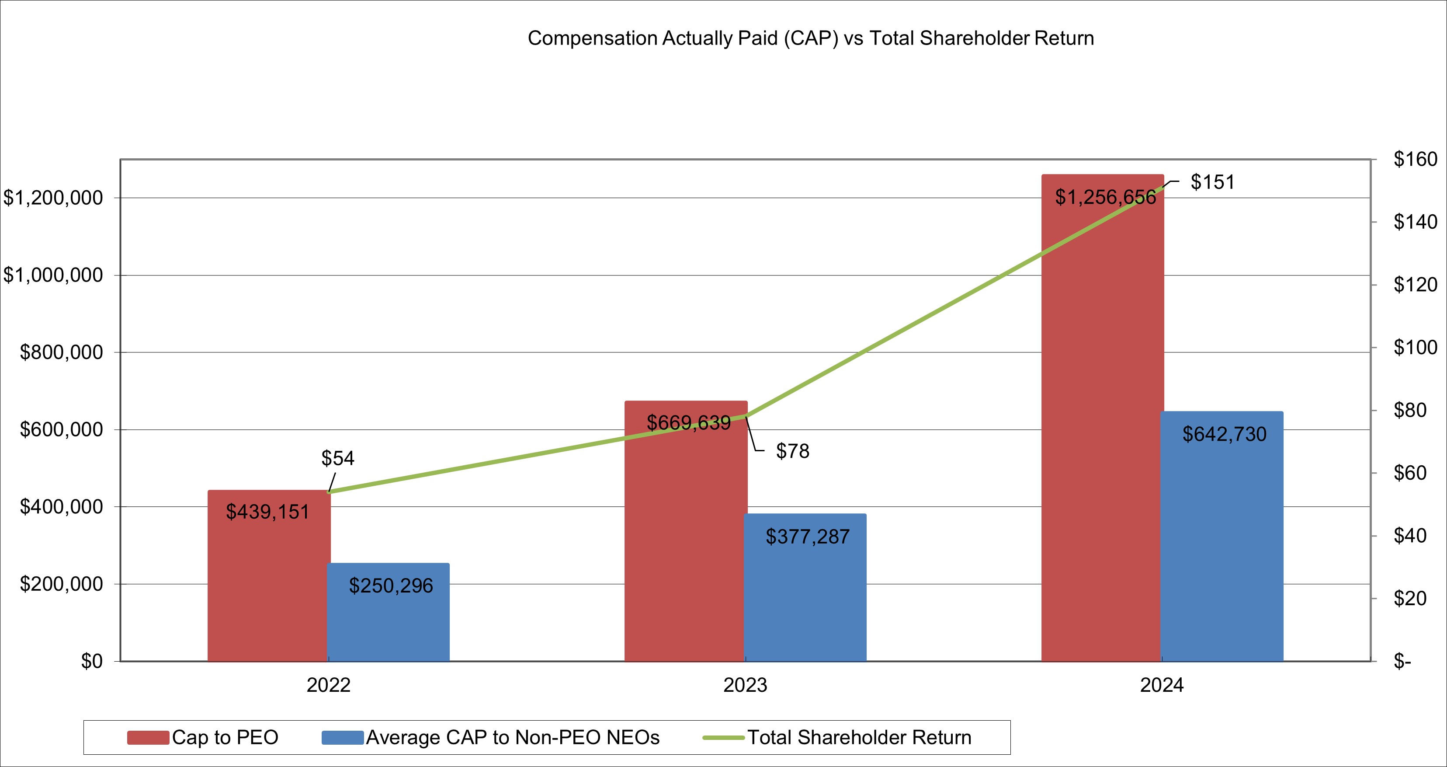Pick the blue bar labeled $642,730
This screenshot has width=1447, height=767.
pyautogui.click(x=1222, y=540)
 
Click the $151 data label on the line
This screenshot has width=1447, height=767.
pyautogui.click(x=1213, y=182)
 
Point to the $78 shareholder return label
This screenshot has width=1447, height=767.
pyautogui.click(x=793, y=451)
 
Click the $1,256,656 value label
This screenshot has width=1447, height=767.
pyautogui.click(x=1105, y=197)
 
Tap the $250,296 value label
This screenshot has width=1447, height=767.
pyautogui.click(x=391, y=586)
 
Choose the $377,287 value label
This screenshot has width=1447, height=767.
pyautogui.click(x=807, y=537)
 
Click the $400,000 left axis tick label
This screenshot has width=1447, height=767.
pyautogui.click(x=62, y=507)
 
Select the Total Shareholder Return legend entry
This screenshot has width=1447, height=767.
pyautogui.click(x=837, y=737)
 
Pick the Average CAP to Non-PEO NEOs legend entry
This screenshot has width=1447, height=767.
pyautogui.click(x=491, y=737)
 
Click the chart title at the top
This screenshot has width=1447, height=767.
pyautogui.click(x=811, y=38)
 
